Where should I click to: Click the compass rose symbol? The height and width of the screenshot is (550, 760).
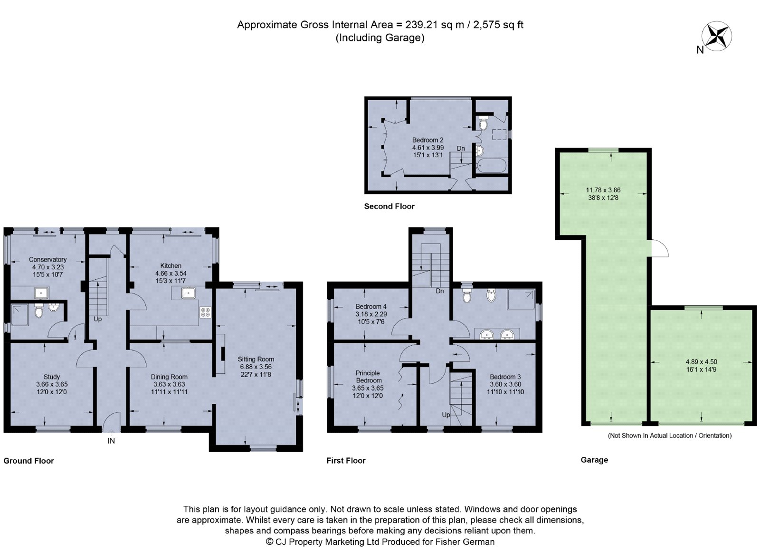717,36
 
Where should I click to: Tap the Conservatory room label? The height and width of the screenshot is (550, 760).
47,259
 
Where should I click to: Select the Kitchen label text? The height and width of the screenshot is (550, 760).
171,266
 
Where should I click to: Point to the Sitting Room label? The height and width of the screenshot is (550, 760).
256,359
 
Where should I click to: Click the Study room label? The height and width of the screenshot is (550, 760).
52,377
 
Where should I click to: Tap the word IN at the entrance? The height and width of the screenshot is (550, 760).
111,441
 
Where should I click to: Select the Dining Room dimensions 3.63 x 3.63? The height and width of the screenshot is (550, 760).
169,384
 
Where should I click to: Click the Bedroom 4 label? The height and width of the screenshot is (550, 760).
371,306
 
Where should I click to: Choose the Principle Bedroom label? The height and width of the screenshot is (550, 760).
369,377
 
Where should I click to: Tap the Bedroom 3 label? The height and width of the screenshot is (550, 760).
505,377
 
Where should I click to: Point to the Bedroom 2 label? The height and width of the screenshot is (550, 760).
427,140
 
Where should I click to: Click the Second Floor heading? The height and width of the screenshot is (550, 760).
389,206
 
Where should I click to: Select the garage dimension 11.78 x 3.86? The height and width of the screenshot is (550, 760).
603,190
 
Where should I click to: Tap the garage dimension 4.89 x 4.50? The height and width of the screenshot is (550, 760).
701,361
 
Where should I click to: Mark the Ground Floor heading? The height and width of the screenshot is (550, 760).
28,461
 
